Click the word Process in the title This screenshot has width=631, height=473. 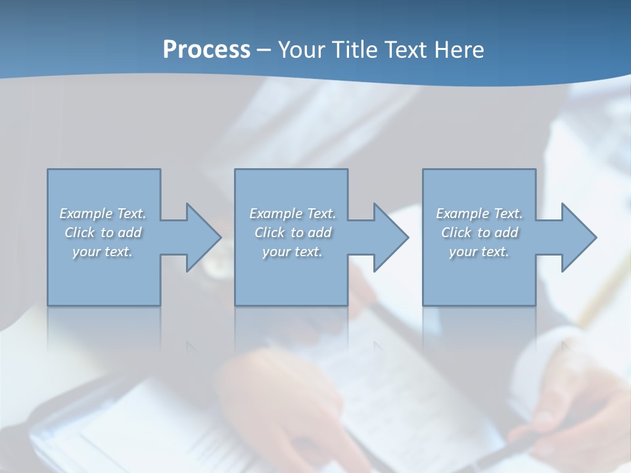[206, 50]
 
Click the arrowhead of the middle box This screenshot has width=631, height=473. [390, 237]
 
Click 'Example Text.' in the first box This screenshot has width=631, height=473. [103, 214]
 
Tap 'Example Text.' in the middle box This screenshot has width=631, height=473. [292, 214]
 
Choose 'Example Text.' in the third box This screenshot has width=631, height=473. [479, 214]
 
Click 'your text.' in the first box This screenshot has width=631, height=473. [103, 252]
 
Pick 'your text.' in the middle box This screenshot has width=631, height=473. [292, 252]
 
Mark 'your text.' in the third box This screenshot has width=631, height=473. [479, 252]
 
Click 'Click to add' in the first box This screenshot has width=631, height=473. [103, 233]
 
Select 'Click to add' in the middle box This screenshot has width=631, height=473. [292, 233]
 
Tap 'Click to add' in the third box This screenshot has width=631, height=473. [479, 233]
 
